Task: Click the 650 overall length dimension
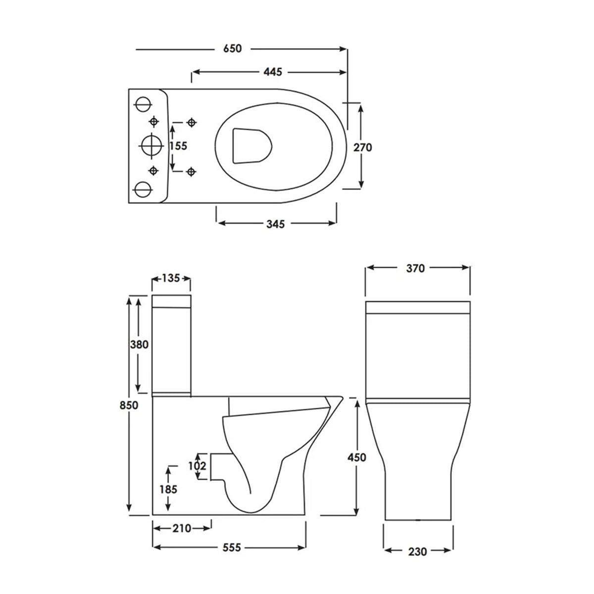coord(232,49)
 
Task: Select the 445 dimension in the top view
coord(272,72)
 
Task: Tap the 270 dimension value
coord(362,147)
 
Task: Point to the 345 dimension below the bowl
coord(276,224)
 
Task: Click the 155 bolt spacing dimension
coord(178,146)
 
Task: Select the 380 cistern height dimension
coord(139,345)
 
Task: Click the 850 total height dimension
coord(128,405)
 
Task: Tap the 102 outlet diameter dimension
coord(198,466)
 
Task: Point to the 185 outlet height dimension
coord(169,489)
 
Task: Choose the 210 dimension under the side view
coord(182,529)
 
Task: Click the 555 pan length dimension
coord(231,547)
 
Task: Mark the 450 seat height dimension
coord(356,457)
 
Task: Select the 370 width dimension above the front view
coord(415,268)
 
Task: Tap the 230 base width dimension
coord(418,551)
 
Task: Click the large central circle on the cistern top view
coord(151,146)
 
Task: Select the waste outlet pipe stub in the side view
coord(220,466)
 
